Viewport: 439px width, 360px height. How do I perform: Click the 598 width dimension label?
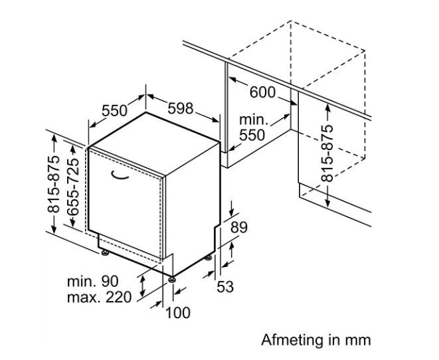[181, 108]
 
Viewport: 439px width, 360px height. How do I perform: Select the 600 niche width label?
[262, 92]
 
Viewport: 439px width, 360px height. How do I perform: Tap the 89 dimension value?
[239, 227]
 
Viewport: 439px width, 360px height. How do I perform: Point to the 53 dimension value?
[225, 287]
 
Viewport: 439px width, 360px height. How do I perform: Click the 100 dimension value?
[178, 313]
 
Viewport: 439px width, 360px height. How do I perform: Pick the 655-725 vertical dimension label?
[73, 187]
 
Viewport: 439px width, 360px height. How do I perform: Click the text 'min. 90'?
[93, 282]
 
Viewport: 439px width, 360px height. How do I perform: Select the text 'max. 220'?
[99, 298]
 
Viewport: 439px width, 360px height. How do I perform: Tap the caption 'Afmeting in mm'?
[316, 340]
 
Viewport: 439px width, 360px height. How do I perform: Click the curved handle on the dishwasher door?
[119, 175]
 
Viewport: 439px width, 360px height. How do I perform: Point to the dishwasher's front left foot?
[105, 253]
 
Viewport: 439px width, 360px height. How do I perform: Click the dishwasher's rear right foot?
[209, 258]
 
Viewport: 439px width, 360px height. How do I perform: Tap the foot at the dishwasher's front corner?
[171, 280]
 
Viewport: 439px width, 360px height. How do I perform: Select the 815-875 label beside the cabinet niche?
[327, 153]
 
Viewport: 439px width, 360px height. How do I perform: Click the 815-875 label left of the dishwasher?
[54, 184]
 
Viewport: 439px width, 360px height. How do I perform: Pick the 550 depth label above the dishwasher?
[114, 110]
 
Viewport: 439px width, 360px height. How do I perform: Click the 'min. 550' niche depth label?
[254, 128]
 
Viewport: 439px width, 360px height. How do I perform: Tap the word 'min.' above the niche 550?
[254, 120]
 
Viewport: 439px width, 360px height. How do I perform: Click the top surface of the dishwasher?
[155, 143]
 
